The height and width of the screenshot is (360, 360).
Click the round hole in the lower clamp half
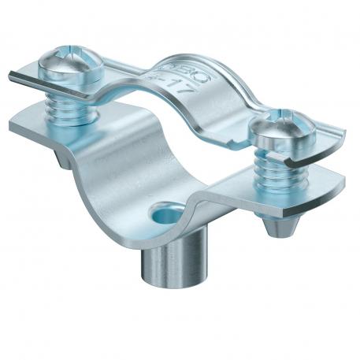pos(167,213)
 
